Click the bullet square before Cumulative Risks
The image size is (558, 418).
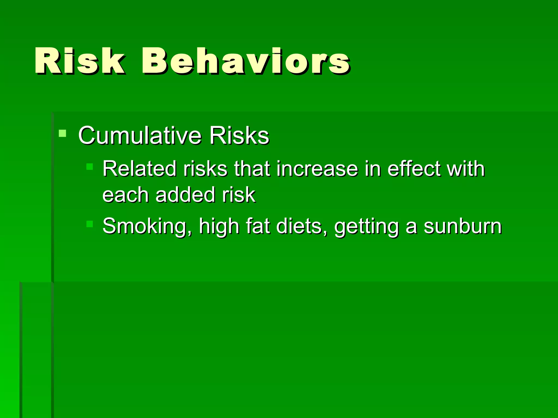(x=62, y=133)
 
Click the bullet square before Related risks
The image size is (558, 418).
(x=90, y=166)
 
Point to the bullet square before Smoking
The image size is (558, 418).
(x=90, y=224)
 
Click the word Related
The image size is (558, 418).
(x=139, y=169)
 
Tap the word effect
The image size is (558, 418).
(x=413, y=169)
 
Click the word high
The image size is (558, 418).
(x=219, y=226)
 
